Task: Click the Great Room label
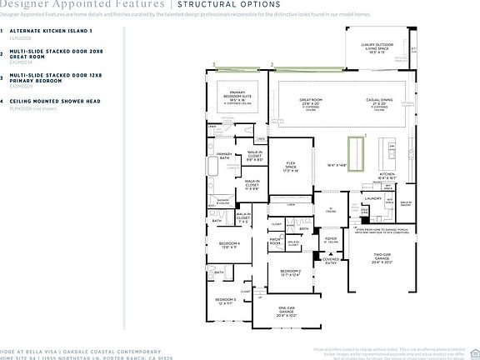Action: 312,101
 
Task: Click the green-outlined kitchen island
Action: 358,152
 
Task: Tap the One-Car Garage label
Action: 286,312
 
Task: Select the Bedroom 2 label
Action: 289,272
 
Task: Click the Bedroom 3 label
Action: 226,300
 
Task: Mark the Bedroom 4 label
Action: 229,244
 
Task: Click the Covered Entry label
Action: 331,261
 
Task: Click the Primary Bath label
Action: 224,155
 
